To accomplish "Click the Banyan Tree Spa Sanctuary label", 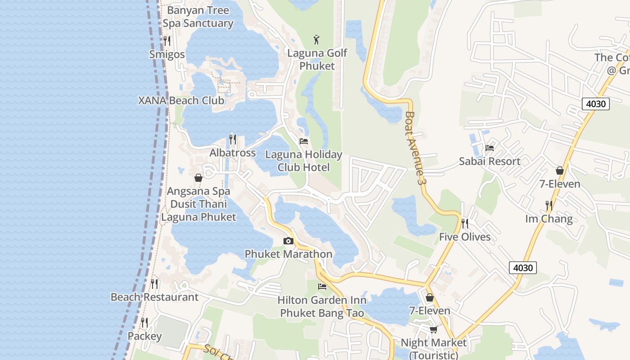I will tap(198, 17).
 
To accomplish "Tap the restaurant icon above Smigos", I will tap(167, 41).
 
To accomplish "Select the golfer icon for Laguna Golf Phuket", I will tap(317, 40).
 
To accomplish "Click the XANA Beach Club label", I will tap(181, 100).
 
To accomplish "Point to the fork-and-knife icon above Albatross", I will tap(233, 139).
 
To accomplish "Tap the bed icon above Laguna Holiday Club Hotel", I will tap(304, 141).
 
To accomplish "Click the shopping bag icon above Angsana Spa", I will tap(198, 178).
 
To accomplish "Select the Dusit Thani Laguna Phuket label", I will tap(198, 211).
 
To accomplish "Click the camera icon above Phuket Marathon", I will tap(288, 241).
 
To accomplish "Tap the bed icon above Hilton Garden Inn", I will tap(322, 287).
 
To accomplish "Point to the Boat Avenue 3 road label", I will tap(415, 148).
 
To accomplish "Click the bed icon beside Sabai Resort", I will tap(490, 148).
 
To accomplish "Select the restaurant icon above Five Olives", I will tap(465, 223).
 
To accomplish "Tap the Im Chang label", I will tap(549, 219).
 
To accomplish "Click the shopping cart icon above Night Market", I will tap(433, 330).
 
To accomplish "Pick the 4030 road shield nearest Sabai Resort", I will tap(596, 104).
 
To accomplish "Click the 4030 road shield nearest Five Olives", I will tap(523, 268).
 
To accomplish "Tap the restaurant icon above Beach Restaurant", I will tap(154, 284).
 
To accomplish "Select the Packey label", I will tap(144, 336).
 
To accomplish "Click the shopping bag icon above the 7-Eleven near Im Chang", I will tap(560, 171).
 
